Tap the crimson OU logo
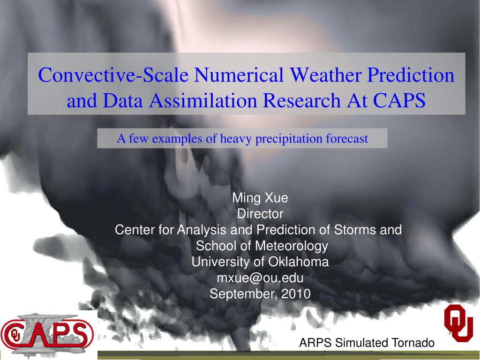(x=458, y=323)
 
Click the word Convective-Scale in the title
(x=113, y=75)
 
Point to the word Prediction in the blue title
(x=411, y=75)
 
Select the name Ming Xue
(x=260, y=198)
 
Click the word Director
(x=260, y=214)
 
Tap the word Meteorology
(x=292, y=246)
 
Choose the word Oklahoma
(x=299, y=262)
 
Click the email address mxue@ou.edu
(x=260, y=278)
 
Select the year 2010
(x=296, y=294)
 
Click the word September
(x=244, y=294)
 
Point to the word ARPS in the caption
(x=315, y=343)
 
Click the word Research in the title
(x=301, y=100)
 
